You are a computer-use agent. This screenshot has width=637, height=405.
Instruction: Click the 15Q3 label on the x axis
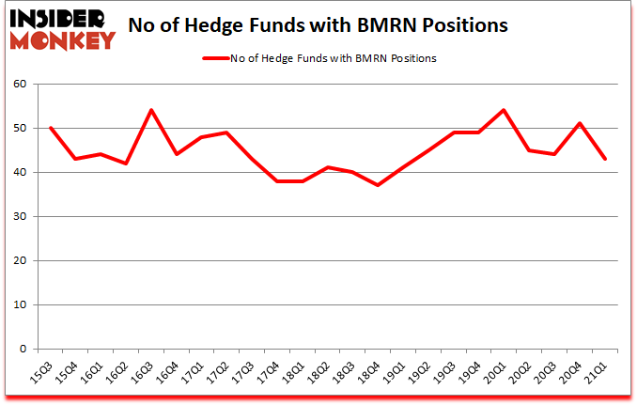(42, 371)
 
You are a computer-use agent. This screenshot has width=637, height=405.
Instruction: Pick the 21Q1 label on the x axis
(598, 371)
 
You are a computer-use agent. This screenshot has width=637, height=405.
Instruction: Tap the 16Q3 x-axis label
(144, 371)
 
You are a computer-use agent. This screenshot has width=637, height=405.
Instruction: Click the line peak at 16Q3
(150, 110)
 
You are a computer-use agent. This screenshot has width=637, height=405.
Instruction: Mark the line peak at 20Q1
(504, 110)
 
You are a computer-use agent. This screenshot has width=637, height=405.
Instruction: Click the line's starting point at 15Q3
(49, 128)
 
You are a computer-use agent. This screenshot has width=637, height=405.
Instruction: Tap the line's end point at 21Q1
(605, 159)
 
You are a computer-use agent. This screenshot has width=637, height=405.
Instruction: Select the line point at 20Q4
(580, 123)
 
